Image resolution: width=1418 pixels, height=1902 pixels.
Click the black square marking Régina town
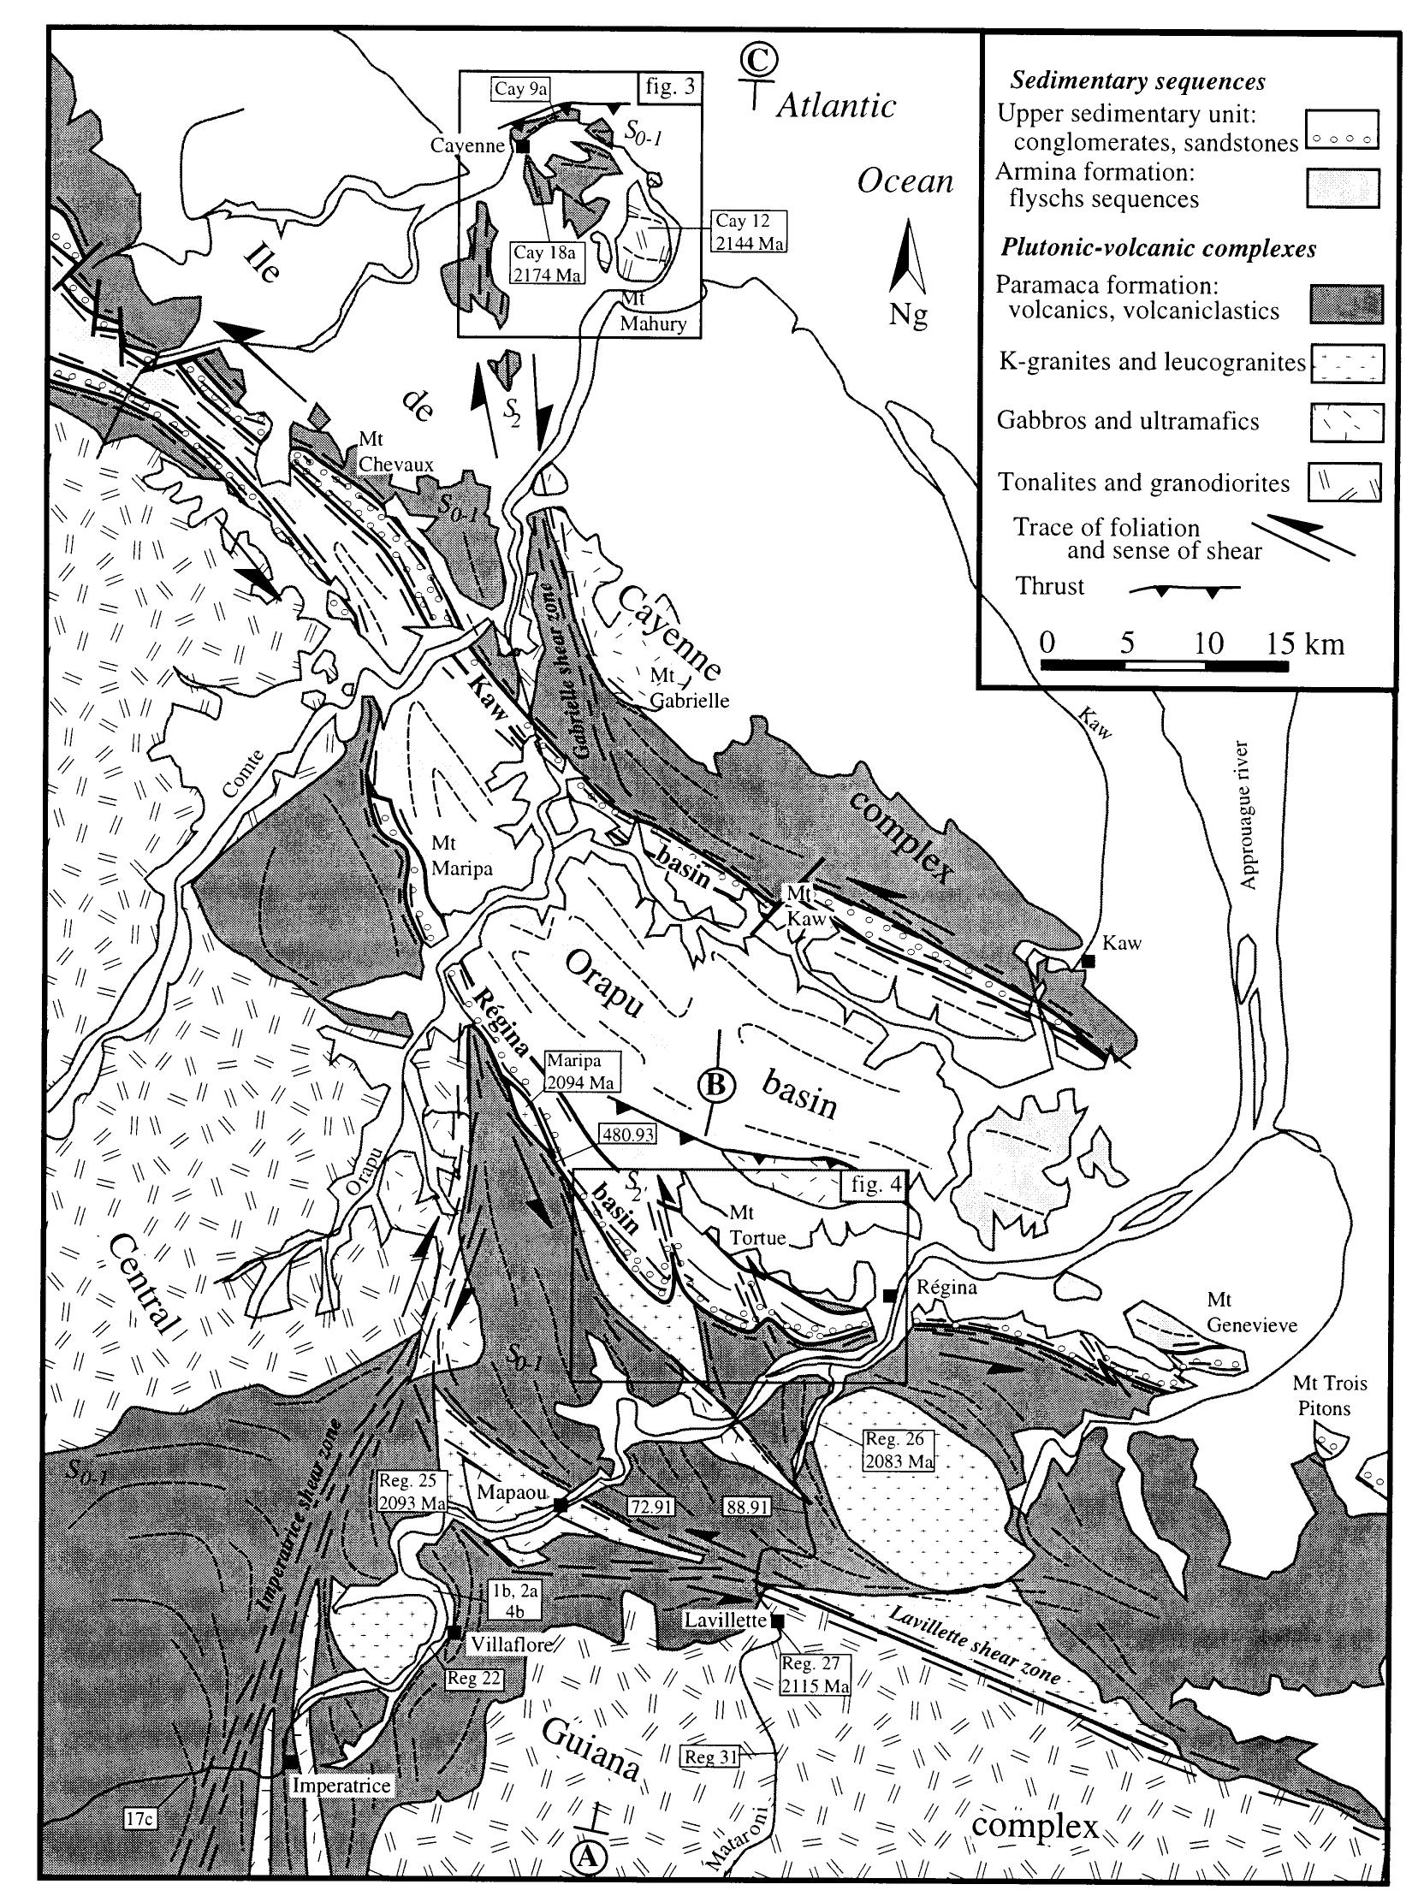[x=890, y=1295]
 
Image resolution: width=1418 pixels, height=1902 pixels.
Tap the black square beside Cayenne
[x=522, y=147]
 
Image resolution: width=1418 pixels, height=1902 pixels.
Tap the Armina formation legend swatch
[x=1346, y=188]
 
